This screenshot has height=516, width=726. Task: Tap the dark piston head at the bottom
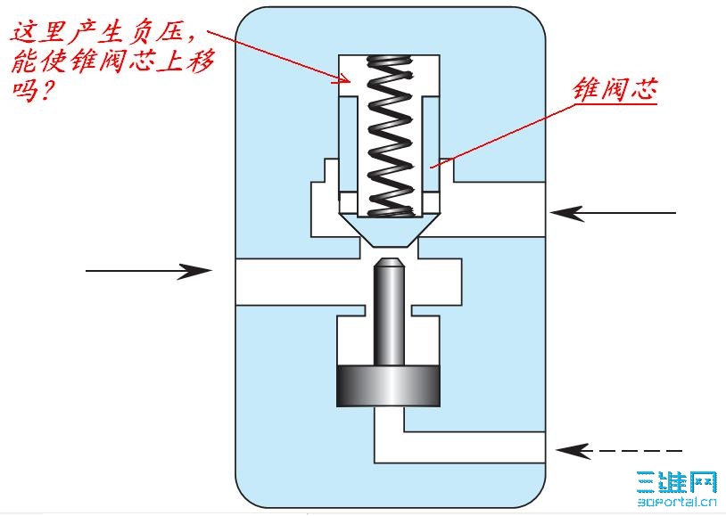388,384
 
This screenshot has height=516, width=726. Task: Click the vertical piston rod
388,316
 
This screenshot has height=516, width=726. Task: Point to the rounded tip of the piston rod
388,263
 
